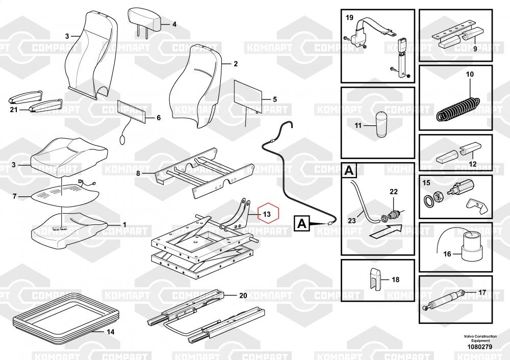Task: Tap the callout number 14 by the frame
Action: point(110,332)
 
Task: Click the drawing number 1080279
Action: point(478,347)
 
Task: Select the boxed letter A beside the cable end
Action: point(302,223)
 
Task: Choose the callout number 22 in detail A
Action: point(393,191)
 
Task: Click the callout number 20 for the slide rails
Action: point(243,295)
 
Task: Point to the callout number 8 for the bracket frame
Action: point(137,173)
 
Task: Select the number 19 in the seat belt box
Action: point(350,18)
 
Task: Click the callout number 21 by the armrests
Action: point(14,110)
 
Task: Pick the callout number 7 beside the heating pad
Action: point(15,196)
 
